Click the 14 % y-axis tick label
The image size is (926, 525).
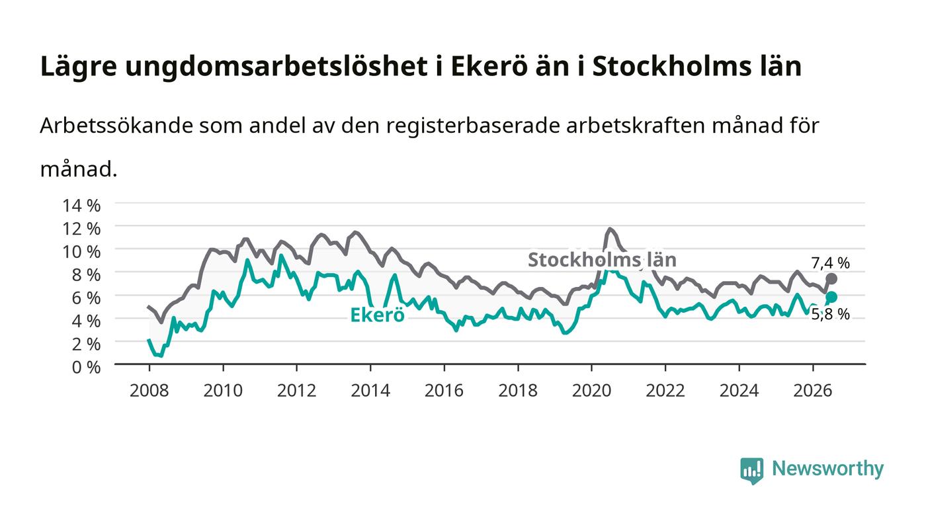(81, 206)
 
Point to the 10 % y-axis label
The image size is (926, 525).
(81, 252)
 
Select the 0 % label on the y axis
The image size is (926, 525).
(87, 367)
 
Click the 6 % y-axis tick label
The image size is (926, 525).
(87, 298)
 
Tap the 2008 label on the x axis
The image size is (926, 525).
(149, 390)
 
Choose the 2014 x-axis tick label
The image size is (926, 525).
(370, 390)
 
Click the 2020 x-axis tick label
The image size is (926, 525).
(591, 390)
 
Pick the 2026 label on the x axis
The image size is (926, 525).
(813, 390)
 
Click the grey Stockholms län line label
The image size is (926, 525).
(603, 260)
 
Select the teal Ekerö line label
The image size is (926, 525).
(377, 315)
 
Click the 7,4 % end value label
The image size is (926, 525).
(830, 263)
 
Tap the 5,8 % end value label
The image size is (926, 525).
(830, 315)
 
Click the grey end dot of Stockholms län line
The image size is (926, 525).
(832, 279)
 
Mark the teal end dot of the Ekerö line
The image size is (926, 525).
(832, 298)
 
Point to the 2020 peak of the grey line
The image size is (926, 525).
(610, 229)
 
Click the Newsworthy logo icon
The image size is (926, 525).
(751, 470)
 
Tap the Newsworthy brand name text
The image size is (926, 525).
(827, 469)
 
